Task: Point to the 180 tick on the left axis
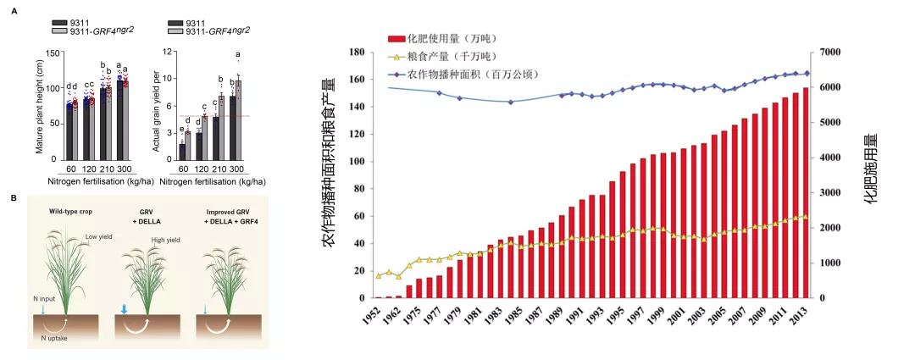(x=356, y=53)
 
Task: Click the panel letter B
(x=14, y=198)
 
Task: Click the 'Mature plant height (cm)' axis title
(x=39, y=106)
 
